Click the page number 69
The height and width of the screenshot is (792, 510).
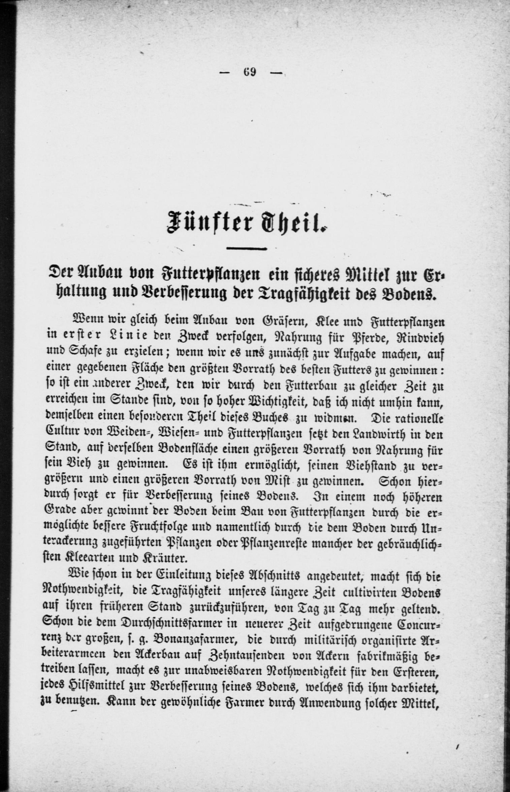coord(249,73)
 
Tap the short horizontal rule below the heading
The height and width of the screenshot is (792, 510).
coord(246,249)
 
